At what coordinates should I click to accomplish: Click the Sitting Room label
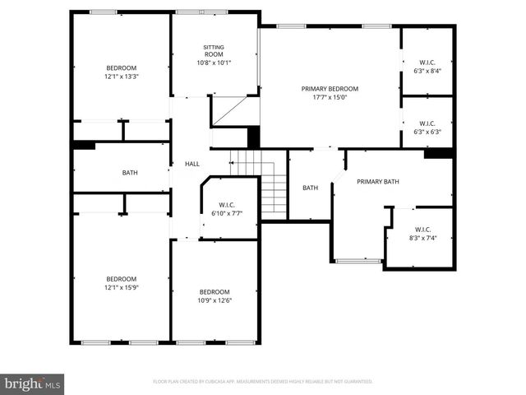[214, 50]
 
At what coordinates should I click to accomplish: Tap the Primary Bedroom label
[330, 89]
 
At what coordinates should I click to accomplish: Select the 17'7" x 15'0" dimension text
[330, 98]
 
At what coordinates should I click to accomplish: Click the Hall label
[191, 165]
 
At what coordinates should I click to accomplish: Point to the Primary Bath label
[377, 182]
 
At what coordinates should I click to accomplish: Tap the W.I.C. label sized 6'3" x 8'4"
[427, 62]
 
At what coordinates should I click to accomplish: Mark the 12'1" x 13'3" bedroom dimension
[121, 77]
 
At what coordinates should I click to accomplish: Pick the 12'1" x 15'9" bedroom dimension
[121, 287]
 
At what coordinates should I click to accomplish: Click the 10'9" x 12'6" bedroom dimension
[215, 300]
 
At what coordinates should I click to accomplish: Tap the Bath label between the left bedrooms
[130, 173]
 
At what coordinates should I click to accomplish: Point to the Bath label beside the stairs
[310, 188]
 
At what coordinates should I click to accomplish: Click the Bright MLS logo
[32, 383]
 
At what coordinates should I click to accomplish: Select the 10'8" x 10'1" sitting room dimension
[214, 63]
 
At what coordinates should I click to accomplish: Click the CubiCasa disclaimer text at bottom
[263, 382]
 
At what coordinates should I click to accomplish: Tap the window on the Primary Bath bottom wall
[358, 262]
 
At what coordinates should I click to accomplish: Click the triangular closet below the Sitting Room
[233, 112]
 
